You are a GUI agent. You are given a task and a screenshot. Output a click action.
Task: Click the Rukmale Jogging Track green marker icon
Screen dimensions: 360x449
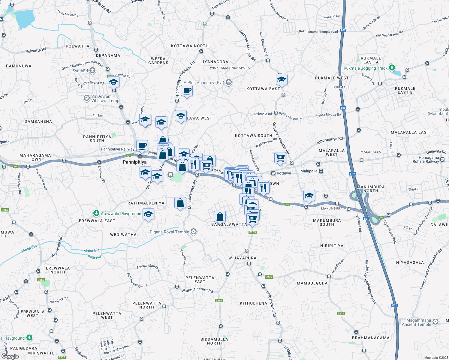(392, 68)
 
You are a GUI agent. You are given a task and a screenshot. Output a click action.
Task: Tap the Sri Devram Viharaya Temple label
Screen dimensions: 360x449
(107, 98)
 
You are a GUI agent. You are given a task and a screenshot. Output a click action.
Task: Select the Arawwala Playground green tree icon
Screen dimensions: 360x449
(96, 213)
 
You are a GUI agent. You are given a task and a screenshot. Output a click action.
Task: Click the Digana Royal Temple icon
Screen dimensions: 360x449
(194, 232)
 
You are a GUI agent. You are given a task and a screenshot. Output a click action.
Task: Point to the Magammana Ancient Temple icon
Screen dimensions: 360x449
(435, 322)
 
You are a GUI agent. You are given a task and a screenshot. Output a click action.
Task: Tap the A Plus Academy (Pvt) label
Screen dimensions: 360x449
(203, 82)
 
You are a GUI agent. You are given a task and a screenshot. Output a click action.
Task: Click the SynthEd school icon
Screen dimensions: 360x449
(92, 71)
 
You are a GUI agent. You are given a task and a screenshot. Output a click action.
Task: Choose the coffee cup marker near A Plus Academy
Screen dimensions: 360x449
(187, 91)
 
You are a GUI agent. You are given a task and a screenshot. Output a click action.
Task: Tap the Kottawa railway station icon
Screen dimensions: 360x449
(273, 173)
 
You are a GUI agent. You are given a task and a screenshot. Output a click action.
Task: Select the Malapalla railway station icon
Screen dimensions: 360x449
(321, 171)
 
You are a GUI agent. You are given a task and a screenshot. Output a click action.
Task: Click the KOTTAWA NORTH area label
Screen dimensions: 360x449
(190, 46)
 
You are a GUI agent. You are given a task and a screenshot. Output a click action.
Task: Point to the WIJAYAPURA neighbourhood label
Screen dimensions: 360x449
(243, 258)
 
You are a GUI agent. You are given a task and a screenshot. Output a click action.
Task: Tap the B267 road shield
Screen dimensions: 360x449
(219, 300)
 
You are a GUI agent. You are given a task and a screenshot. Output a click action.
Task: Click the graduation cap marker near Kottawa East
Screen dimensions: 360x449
(281, 79)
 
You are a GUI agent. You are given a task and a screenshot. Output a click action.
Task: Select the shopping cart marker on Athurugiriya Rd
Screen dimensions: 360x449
(280, 157)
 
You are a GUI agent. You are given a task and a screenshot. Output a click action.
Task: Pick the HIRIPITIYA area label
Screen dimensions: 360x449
(332, 245)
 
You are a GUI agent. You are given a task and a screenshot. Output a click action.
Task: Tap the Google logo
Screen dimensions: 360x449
(10, 356)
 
